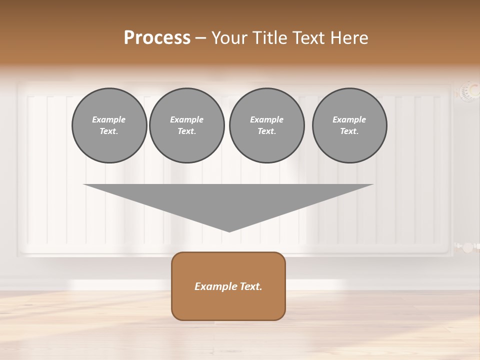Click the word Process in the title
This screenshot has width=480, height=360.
point(157,38)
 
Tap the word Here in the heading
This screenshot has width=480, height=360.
point(349,38)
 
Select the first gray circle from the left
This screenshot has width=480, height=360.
point(109,125)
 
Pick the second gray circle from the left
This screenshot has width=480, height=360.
point(187,125)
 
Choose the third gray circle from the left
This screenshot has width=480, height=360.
point(266,125)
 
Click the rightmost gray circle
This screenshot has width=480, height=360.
point(349,125)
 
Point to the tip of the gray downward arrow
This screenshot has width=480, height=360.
point(229,231)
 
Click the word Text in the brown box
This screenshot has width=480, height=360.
point(251,286)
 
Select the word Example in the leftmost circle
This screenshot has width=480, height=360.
point(109,119)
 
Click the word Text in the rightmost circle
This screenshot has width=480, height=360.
point(349,131)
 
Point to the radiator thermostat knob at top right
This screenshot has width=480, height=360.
point(469,91)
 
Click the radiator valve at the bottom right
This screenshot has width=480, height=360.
point(467,247)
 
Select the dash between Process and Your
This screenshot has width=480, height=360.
point(201,38)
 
